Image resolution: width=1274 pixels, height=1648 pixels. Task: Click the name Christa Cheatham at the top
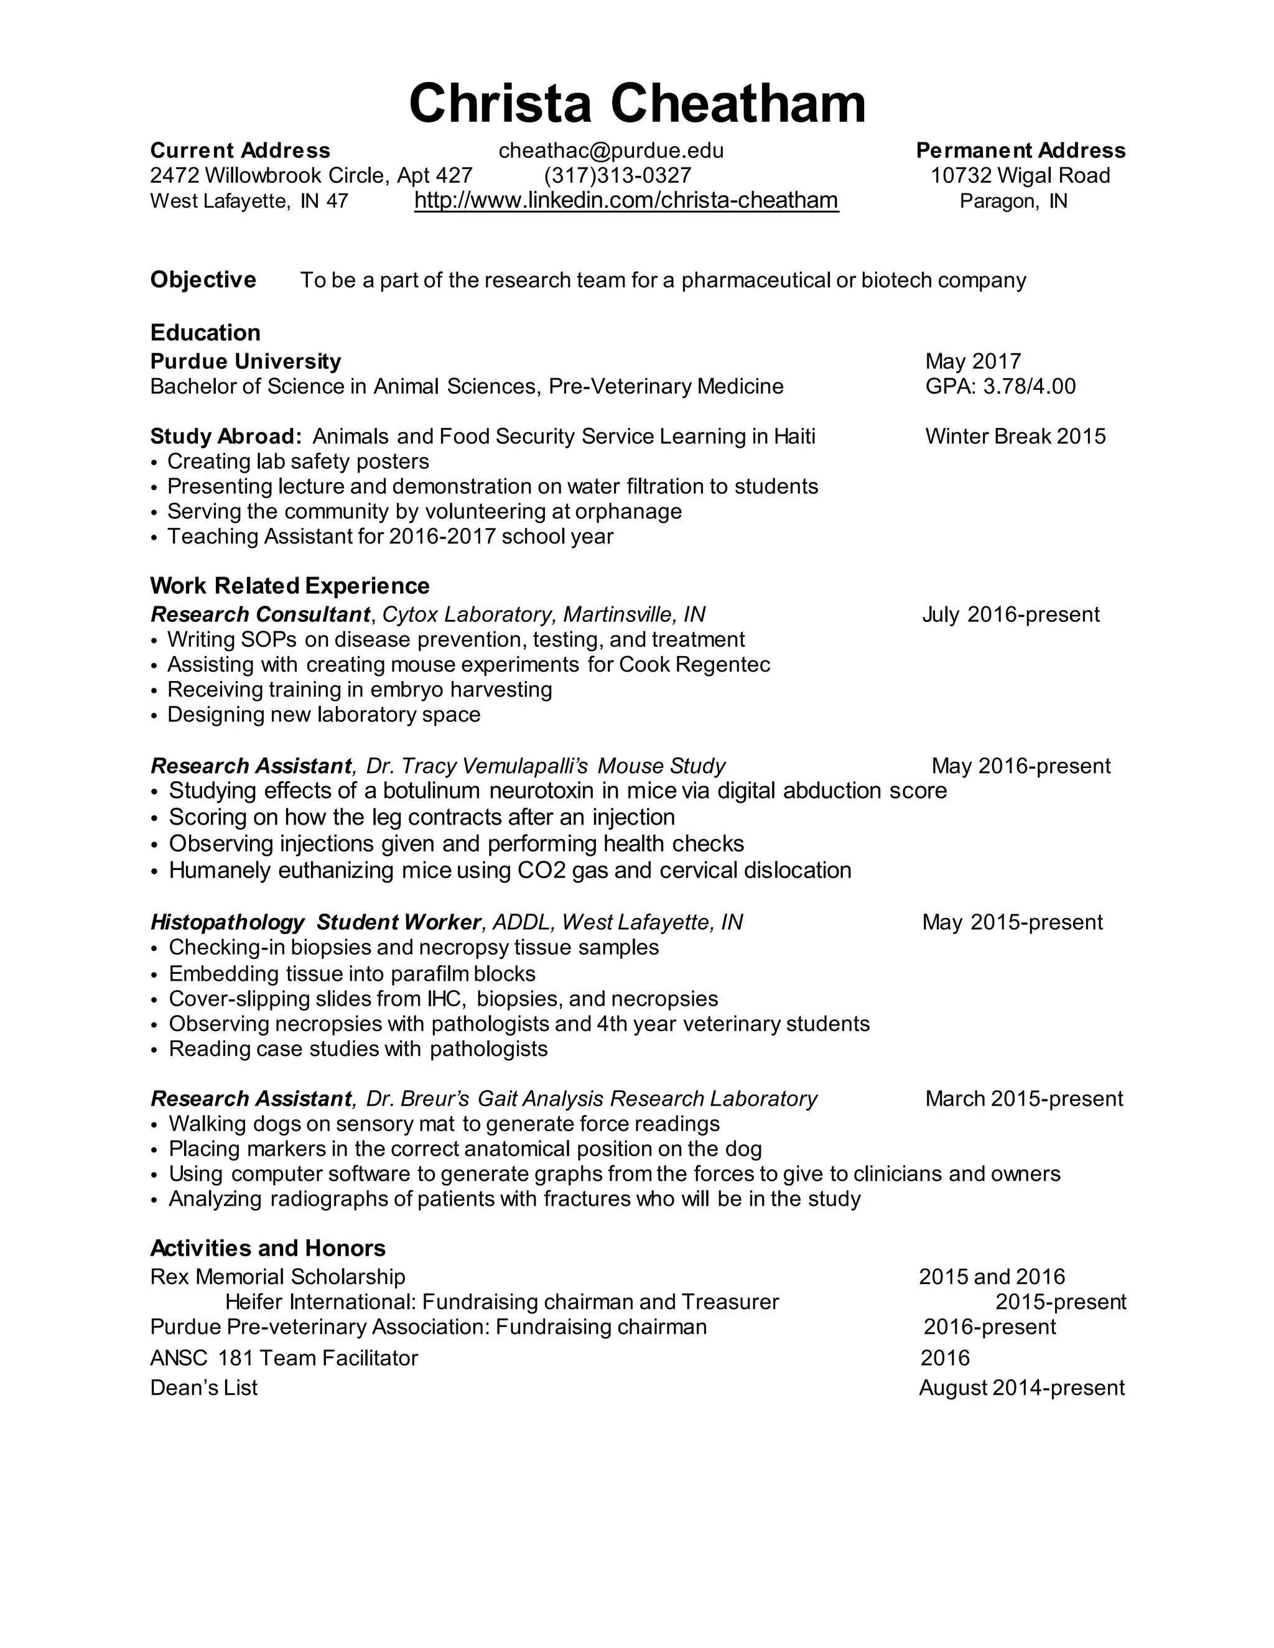coord(636,103)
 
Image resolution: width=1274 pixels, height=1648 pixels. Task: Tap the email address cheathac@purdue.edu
coord(611,151)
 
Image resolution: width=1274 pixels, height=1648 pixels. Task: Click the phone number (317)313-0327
coord(617,176)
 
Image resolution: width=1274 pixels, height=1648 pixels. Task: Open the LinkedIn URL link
coord(626,201)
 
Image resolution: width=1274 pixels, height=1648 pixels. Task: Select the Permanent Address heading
coord(1020,151)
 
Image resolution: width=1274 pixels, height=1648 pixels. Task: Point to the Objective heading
coord(203,280)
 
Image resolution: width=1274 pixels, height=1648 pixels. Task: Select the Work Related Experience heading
coord(290,586)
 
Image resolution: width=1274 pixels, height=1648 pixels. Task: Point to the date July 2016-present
coord(1011,614)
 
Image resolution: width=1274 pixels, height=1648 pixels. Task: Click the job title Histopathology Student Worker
coord(315,922)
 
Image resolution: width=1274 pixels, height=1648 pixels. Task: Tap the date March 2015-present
coord(1023,1099)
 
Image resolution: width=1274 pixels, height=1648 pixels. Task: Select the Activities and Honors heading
coord(268,1248)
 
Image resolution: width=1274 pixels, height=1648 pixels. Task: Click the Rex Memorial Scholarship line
coord(277,1277)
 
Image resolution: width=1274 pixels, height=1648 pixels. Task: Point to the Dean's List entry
coord(204,1387)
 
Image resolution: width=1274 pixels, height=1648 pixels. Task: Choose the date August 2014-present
coord(1021,1387)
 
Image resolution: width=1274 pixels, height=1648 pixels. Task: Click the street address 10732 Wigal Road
coord(1020,176)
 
